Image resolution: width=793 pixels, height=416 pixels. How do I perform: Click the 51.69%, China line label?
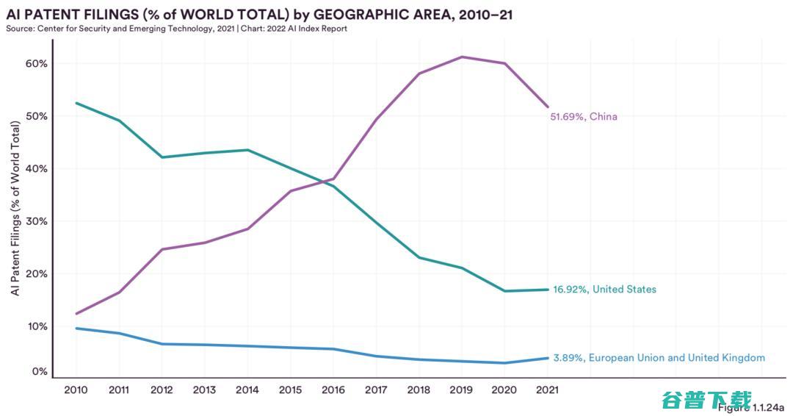pyautogui.click(x=584, y=117)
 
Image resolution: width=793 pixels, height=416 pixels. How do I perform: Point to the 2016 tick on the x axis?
pyautogui.click(x=333, y=390)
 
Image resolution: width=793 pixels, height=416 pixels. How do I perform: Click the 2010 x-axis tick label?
pyautogui.click(x=76, y=390)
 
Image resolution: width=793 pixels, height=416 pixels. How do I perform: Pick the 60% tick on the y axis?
pyautogui.click(x=37, y=64)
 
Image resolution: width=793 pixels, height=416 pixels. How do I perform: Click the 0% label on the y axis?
pyautogui.click(x=40, y=372)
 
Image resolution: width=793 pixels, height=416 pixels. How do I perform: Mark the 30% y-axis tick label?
pyautogui.click(x=37, y=221)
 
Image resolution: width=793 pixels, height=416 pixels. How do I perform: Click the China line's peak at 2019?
pyautogui.click(x=462, y=57)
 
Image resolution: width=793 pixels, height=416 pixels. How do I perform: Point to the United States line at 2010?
pyautogui.click(x=76, y=103)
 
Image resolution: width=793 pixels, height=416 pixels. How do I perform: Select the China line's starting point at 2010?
pyautogui.click(x=76, y=314)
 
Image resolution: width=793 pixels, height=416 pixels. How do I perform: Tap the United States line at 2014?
pyautogui.click(x=247, y=150)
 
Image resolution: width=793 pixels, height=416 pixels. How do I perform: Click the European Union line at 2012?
pyautogui.click(x=162, y=344)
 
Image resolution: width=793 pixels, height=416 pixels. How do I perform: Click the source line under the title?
pyautogui.click(x=176, y=29)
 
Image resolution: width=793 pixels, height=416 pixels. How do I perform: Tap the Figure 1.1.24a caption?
pyautogui.click(x=751, y=407)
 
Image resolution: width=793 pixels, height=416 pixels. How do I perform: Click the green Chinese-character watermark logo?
pyautogui.click(x=706, y=400)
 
